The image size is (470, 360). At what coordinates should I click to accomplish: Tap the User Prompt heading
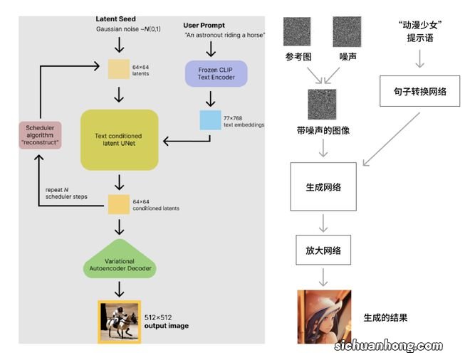pos(204,26)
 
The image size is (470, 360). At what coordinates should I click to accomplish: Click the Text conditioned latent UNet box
pos(118,139)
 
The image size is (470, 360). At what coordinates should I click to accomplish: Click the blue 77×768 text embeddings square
pos(210,120)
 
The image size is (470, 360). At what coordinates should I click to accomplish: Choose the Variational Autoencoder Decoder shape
pos(118,265)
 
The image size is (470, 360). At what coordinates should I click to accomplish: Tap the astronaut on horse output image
pos(119,321)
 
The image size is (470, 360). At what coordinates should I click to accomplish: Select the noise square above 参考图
pos(298,32)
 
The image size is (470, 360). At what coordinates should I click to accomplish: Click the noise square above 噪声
pos(347,32)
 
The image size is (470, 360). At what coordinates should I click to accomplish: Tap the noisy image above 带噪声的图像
pos(322,104)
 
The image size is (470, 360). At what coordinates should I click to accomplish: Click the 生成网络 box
pos(323,186)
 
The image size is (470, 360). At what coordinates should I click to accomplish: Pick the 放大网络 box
pos(323,250)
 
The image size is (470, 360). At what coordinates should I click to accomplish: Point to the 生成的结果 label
pos(385,317)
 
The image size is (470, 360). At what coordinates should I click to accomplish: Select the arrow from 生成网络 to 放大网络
pos(323,222)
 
